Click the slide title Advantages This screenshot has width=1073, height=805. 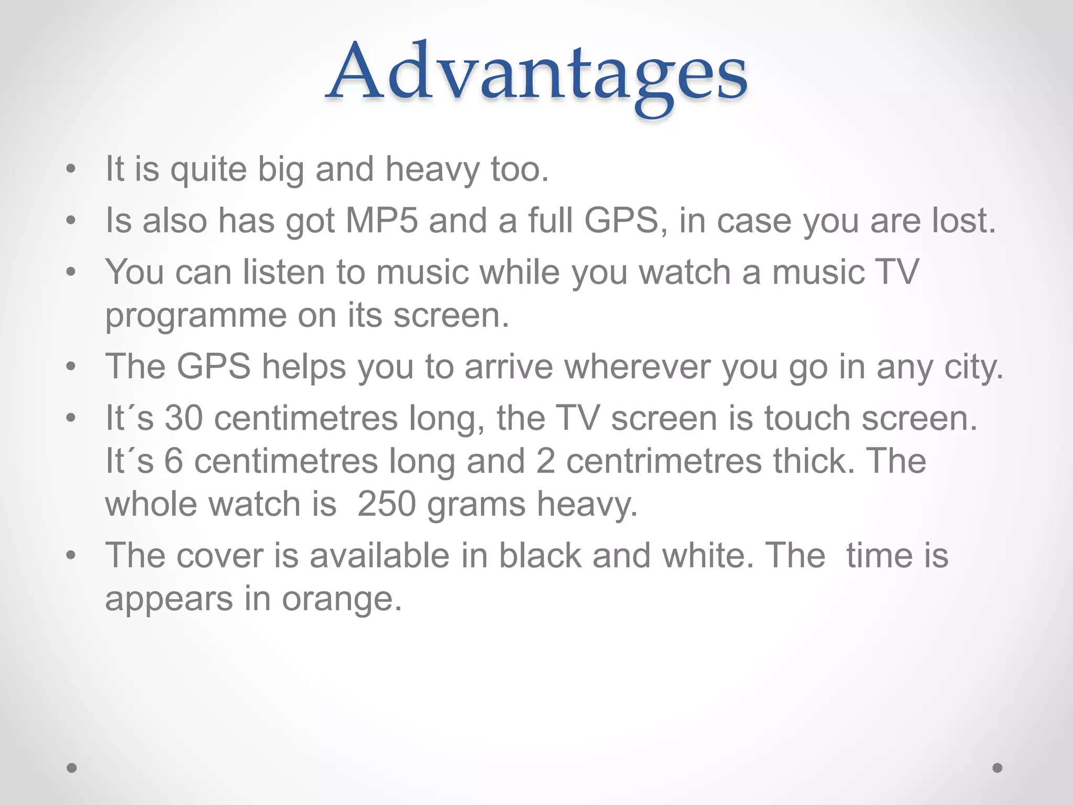pyautogui.click(x=536, y=73)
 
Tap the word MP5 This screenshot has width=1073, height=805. pyautogui.click(x=382, y=221)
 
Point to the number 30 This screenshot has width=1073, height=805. pyautogui.click(x=183, y=418)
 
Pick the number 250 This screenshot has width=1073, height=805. pyautogui.click(x=387, y=504)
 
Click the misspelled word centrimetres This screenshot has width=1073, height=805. pyautogui.click(x=664, y=461)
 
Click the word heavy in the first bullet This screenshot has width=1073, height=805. pyautogui.click(x=432, y=169)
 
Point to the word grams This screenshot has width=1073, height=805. pyautogui.click(x=476, y=504)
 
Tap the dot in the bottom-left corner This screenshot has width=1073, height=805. pyautogui.click(x=72, y=768)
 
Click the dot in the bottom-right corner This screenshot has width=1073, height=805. pyautogui.click(x=998, y=768)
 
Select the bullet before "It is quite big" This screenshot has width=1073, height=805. pyautogui.click(x=71, y=170)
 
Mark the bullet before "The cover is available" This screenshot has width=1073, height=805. pyautogui.click(x=71, y=556)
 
